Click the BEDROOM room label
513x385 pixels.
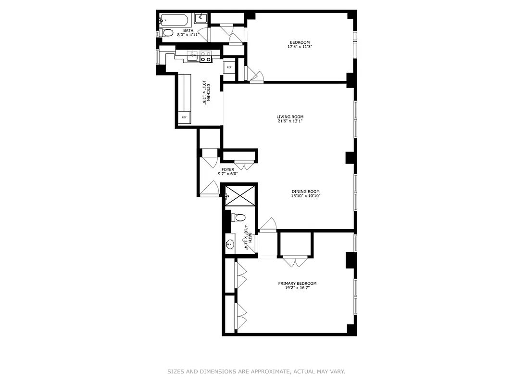click(x=300, y=42)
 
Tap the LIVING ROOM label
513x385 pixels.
click(x=290, y=117)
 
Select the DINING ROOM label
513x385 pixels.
click(x=305, y=192)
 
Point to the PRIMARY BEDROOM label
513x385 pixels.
click(x=297, y=283)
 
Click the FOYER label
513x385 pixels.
click(x=228, y=169)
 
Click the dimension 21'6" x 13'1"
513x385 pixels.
click(x=290, y=121)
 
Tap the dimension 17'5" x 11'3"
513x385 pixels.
click(x=300, y=47)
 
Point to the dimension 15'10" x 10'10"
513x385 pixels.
click(x=305, y=196)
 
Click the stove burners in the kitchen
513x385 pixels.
click(x=206, y=56)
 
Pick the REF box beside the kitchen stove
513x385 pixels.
click(x=229, y=67)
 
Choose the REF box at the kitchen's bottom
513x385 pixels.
click(x=184, y=117)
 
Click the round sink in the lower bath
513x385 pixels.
click(x=230, y=244)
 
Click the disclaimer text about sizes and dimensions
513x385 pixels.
click(x=256, y=372)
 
